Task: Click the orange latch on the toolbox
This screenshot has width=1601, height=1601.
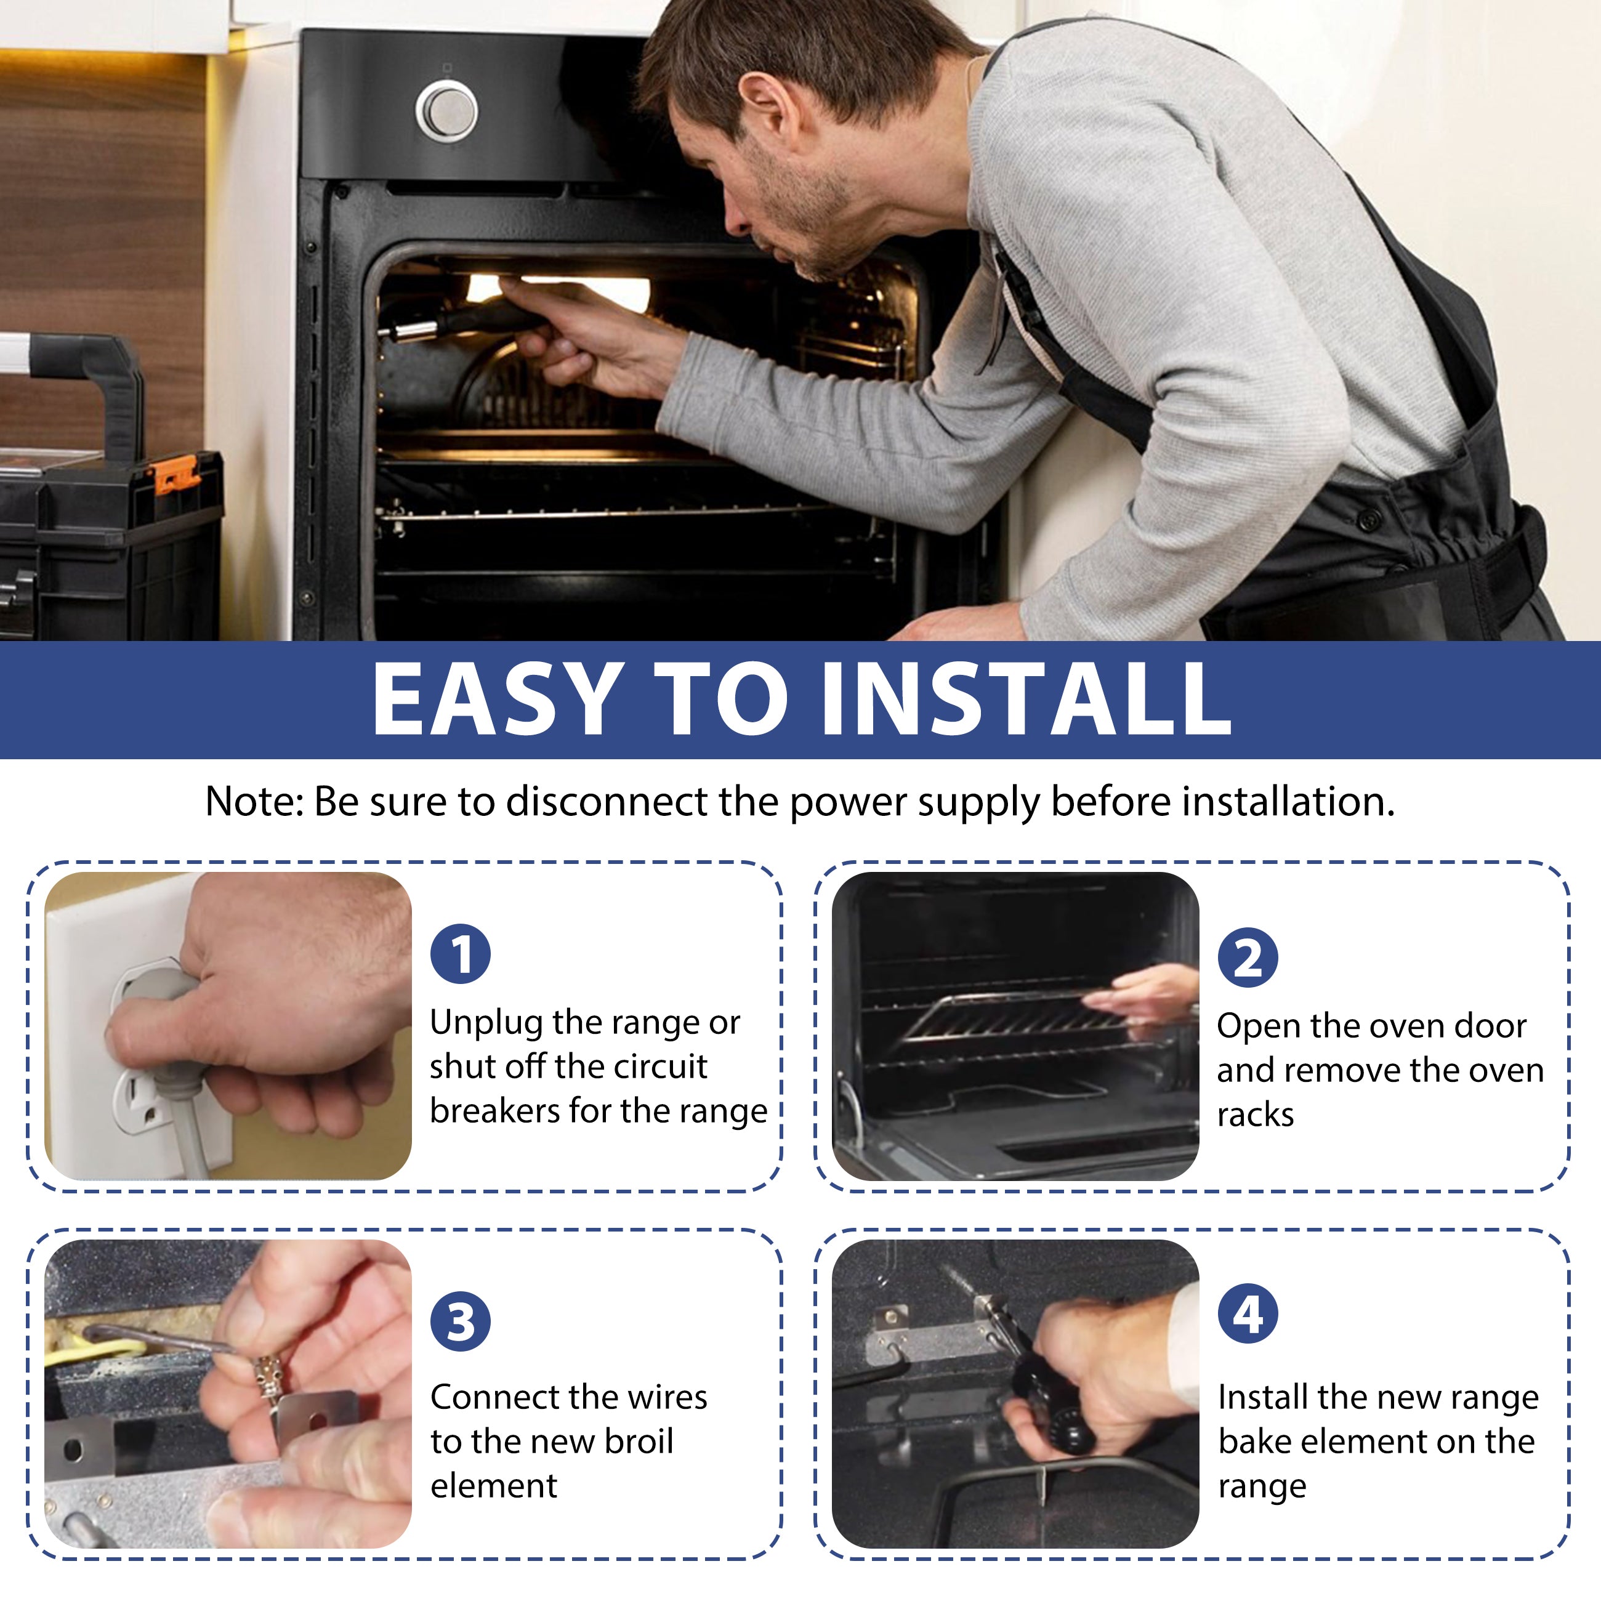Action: [175, 475]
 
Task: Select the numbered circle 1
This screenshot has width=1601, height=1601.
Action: [461, 954]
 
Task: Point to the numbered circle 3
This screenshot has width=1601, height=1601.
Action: [461, 1321]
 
